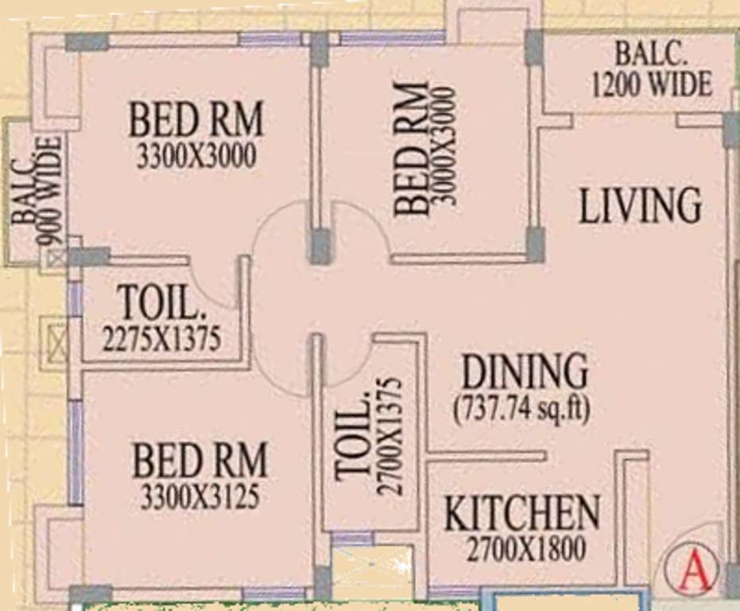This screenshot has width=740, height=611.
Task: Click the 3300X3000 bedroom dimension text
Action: click(x=196, y=157)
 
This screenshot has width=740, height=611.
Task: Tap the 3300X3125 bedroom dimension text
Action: click(x=200, y=496)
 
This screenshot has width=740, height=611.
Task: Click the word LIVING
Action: click(x=640, y=205)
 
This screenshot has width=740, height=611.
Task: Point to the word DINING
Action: click(x=525, y=372)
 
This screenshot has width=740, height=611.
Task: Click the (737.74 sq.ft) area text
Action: click(x=522, y=409)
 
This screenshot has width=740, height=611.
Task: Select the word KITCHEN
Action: click(x=521, y=514)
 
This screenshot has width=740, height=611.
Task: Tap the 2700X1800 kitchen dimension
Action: click(x=526, y=549)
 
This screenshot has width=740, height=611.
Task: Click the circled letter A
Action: click(x=692, y=570)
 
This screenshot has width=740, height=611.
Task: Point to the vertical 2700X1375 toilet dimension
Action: click(x=389, y=435)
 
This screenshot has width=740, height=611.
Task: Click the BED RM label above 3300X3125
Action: click(x=200, y=461)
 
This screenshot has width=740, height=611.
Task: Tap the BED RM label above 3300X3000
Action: click(x=196, y=121)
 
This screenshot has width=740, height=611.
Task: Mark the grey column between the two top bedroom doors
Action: click(x=320, y=247)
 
